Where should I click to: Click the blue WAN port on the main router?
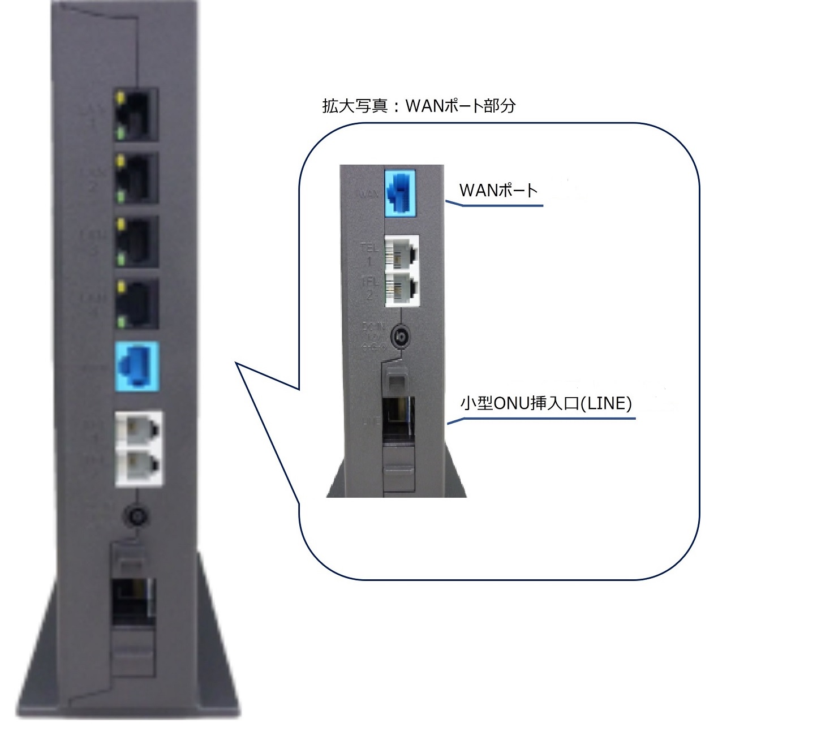coord(136,366)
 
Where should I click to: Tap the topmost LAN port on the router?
coord(135,115)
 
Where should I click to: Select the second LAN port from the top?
coord(135,178)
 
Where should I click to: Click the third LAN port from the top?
coord(135,242)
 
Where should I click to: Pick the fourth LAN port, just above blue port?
coord(135,304)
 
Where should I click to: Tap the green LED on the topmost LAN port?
coord(120,134)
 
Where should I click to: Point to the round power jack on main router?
coord(136,516)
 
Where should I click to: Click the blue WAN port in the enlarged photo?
coord(400,192)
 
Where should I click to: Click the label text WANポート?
coord(498,191)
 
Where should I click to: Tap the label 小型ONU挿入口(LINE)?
coord(546,403)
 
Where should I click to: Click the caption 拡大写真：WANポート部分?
coord(419,106)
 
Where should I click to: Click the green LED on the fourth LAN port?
coord(120,322)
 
